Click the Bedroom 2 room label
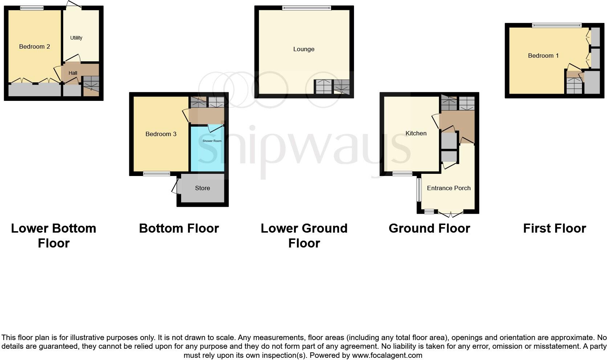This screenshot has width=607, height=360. click(x=34, y=46)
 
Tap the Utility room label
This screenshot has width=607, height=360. click(x=76, y=38)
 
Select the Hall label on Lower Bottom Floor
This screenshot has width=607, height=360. click(x=73, y=73)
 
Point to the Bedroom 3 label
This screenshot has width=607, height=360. click(x=161, y=134)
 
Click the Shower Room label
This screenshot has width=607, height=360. click(x=212, y=141)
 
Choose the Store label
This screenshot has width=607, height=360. click(x=202, y=188)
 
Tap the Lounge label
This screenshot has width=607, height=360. click(x=304, y=49)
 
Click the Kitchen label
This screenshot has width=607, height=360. click(x=416, y=133)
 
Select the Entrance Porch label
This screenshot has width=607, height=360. click(x=449, y=188)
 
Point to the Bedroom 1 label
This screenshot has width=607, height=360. click(x=543, y=56)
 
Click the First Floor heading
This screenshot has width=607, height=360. click(x=554, y=228)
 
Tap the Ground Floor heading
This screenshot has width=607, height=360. click(x=429, y=228)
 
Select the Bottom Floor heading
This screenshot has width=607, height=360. click(x=179, y=228)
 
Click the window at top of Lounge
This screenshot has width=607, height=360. click(x=307, y=8)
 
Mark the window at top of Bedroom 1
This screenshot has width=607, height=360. click(x=557, y=25)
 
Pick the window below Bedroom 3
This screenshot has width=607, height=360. click(x=156, y=174)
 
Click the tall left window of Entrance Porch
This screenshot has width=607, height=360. click(x=419, y=189)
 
